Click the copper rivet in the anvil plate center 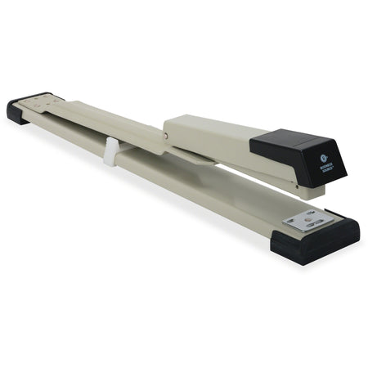coord(308,220)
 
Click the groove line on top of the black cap coord(298,141)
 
